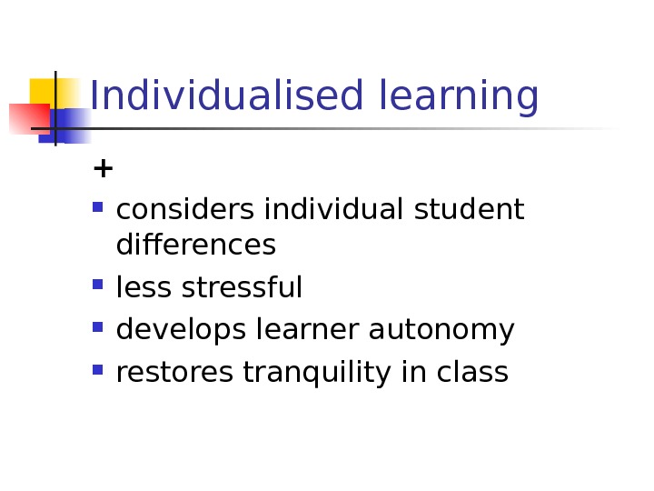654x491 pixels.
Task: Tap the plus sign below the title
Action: pyautogui.click(x=104, y=168)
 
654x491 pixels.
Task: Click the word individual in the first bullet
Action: pyautogui.click(x=335, y=210)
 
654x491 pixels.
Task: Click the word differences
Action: pyautogui.click(x=195, y=245)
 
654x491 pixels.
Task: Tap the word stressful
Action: pyautogui.click(x=242, y=288)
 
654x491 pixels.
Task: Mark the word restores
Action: pyautogui.click(x=170, y=373)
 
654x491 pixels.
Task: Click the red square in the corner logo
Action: pyautogui.click(x=27, y=118)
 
